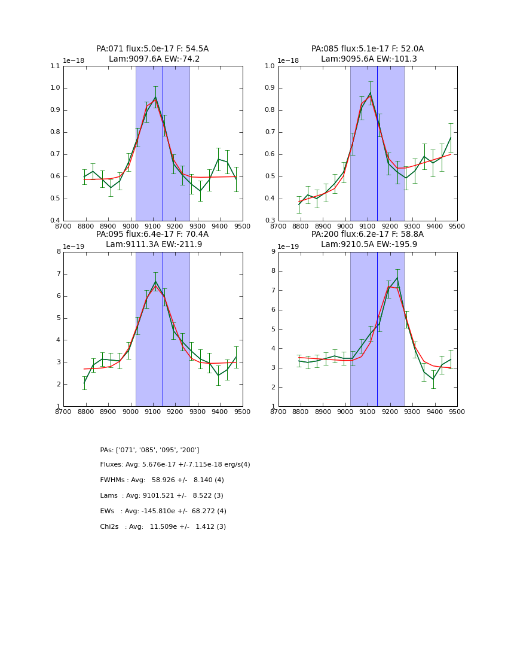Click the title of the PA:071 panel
152,54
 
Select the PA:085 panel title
368,54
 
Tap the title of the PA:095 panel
152,239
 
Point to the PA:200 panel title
368,239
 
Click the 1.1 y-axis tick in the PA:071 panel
55,66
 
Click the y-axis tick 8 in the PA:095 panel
59,252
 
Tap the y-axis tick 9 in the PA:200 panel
273,252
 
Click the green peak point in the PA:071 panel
155,97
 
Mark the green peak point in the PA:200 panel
397,278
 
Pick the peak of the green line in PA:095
155,281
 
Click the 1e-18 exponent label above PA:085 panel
289,61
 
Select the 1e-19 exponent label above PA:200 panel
289,246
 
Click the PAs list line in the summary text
149,450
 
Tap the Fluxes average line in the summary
175,465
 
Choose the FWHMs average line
162,480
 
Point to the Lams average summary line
161,496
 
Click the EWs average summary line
163,511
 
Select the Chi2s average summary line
163,527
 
